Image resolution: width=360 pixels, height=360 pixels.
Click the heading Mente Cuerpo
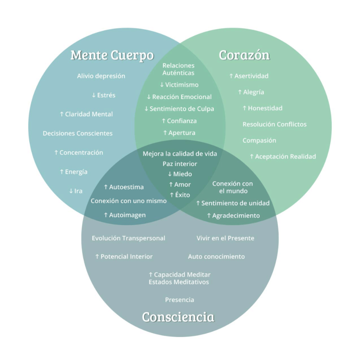[x=112, y=55]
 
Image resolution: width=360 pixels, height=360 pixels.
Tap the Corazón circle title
[x=244, y=55]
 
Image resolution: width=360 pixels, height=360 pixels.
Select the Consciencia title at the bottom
[x=178, y=317]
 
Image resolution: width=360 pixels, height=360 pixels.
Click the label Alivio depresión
[x=101, y=76]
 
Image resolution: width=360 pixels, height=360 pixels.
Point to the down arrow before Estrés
[x=94, y=95]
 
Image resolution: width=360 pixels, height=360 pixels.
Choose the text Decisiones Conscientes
[x=77, y=133]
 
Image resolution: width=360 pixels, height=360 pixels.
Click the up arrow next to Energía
[x=62, y=172]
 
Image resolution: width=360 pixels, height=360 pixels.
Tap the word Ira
[x=78, y=191]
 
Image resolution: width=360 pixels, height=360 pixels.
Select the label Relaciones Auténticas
[x=178, y=69]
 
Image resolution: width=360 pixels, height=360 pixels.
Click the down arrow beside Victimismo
[x=162, y=85]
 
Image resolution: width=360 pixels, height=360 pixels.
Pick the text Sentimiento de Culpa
[x=182, y=109]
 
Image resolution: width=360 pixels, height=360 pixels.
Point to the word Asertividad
[x=252, y=76]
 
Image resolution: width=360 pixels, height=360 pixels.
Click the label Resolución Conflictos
[x=274, y=124]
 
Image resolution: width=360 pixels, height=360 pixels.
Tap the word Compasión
[x=260, y=140]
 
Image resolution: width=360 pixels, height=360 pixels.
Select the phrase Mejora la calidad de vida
[x=180, y=153]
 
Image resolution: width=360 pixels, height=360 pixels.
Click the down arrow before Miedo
[x=170, y=174]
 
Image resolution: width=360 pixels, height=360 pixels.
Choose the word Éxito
[x=183, y=195]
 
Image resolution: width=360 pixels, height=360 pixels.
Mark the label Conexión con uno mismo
[x=129, y=201]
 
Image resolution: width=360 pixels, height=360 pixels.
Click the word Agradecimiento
[x=236, y=216]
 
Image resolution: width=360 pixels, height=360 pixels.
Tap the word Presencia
[x=180, y=300]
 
